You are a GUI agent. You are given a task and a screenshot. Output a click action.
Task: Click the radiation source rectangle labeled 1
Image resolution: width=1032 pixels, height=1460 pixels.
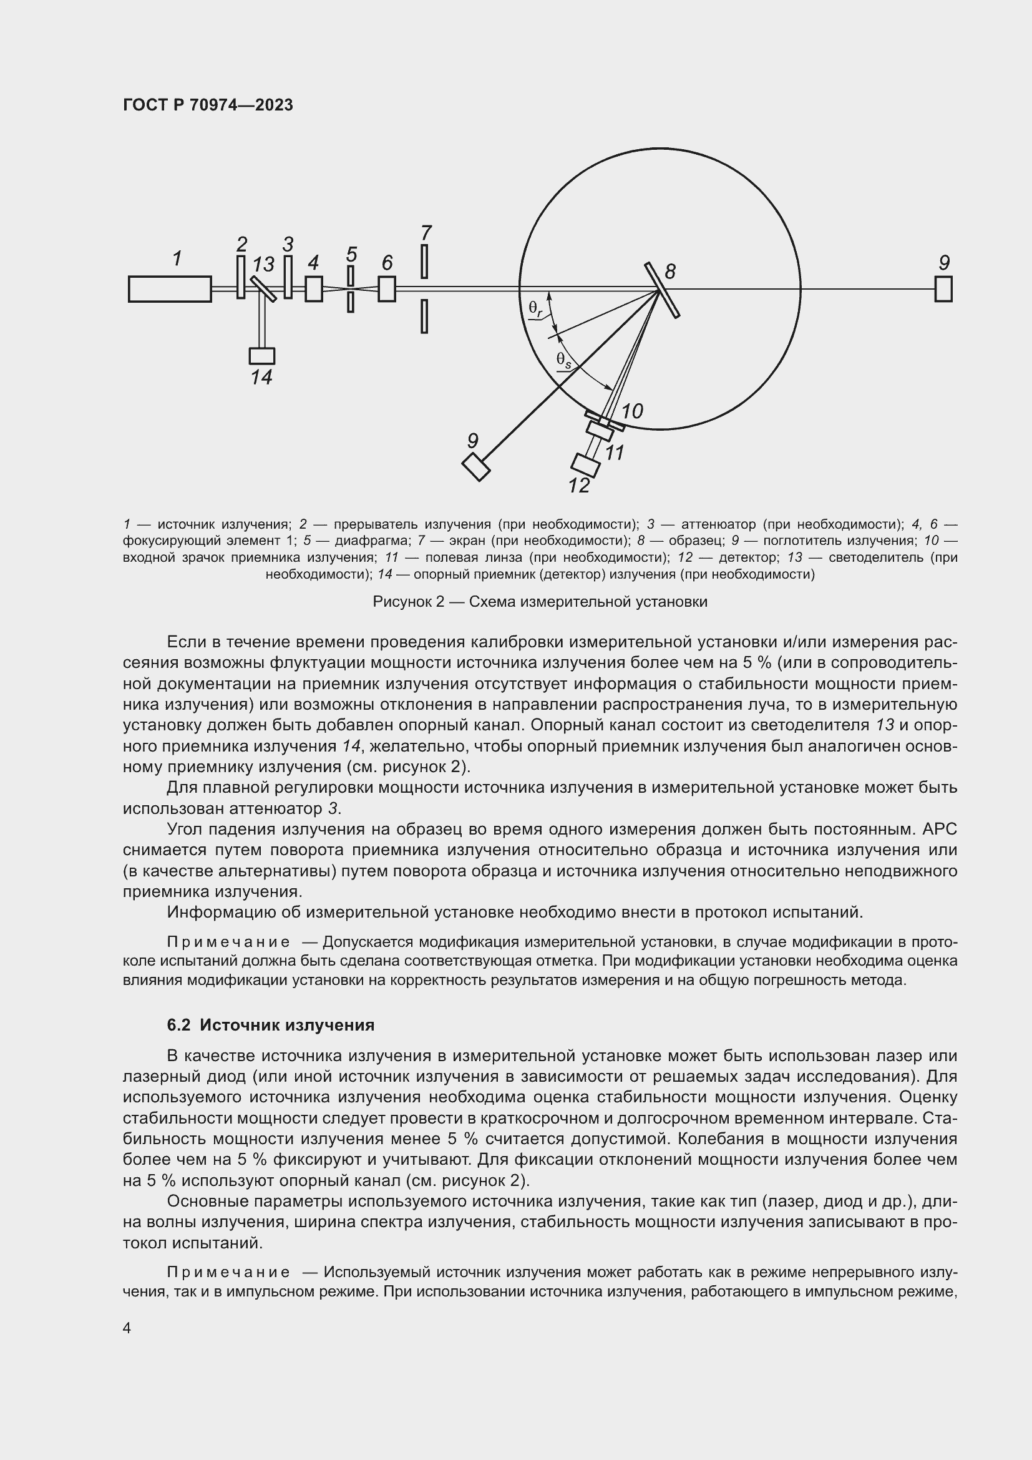coord(170,289)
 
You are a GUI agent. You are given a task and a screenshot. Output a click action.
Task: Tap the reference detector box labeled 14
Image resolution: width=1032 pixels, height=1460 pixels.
coord(262,355)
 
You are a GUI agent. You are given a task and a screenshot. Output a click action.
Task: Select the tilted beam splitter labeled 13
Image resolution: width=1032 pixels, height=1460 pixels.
coord(263,289)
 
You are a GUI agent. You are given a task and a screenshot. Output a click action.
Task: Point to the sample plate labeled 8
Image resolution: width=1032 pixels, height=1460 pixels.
coord(662,290)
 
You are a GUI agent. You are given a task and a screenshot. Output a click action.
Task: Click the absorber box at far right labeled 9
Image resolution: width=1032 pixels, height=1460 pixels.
coord(943,290)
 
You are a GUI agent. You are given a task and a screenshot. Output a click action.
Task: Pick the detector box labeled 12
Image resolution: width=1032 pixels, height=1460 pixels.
coord(586,465)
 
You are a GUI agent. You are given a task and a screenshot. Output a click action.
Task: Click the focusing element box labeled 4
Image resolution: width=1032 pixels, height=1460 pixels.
coord(313,289)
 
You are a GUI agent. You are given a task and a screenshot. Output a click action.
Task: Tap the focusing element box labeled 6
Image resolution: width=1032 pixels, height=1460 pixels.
coord(386,289)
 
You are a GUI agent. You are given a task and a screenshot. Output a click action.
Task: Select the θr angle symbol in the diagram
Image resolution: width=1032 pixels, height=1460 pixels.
coord(535,308)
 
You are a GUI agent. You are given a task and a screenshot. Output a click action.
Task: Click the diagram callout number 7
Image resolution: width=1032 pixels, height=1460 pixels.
coord(426,233)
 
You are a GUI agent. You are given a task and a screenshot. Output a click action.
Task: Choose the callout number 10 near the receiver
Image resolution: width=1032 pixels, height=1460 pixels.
coord(632,411)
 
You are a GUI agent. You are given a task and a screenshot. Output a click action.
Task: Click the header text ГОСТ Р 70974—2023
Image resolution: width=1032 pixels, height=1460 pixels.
coord(208,105)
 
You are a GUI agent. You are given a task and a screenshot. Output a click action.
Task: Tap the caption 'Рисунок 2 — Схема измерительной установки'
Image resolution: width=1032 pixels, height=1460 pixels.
coord(540,602)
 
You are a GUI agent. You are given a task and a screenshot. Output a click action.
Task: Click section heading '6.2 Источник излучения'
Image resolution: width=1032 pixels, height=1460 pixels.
coord(271,1025)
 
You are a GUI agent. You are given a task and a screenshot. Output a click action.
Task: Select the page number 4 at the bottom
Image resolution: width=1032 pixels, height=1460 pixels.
coord(127,1328)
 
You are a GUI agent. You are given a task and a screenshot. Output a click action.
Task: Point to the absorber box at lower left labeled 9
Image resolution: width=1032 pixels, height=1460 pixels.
coord(476,467)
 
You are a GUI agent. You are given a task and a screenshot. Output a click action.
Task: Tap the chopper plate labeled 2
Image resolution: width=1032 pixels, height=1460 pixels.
coord(241,277)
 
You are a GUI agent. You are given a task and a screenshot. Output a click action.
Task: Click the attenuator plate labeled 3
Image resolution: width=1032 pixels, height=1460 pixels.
coord(288,277)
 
